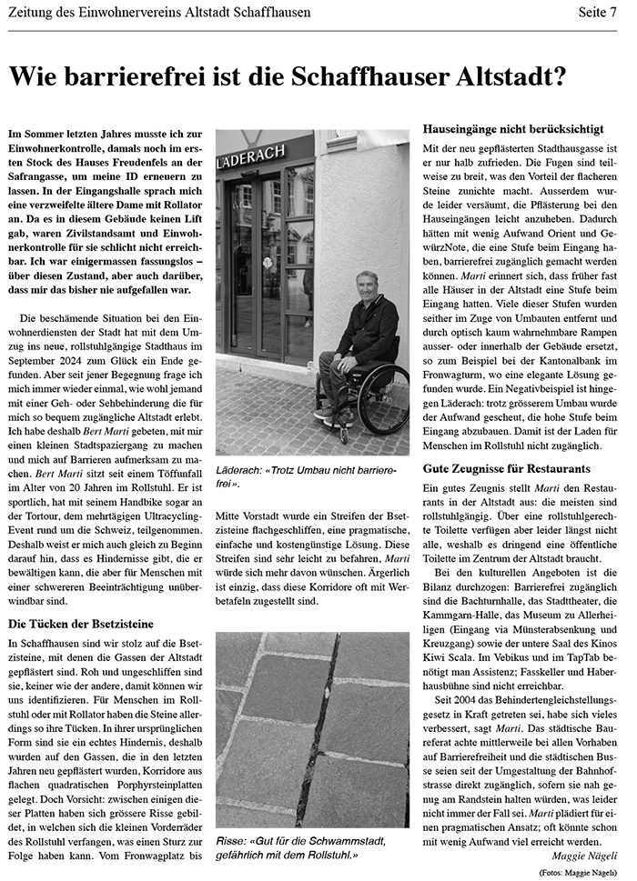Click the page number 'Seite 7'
tap(598, 13)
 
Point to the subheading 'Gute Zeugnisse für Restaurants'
tap(508, 468)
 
